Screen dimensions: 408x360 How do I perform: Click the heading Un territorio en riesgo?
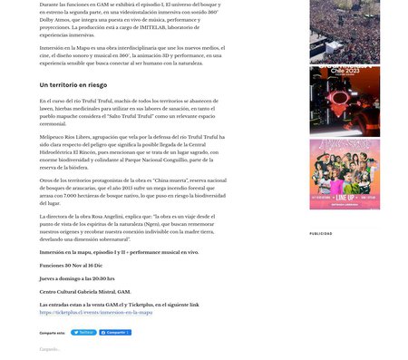[73, 84]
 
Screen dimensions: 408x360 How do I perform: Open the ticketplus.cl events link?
[95, 313]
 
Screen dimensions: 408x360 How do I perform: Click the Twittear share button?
[83, 333]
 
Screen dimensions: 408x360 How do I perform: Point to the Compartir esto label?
[52, 333]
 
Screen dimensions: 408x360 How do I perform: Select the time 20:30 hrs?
[102, 278]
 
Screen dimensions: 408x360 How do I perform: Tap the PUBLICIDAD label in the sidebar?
[321, 233]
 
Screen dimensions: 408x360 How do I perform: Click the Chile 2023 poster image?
[344, 102]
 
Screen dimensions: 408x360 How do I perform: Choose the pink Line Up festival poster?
[344, 174]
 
